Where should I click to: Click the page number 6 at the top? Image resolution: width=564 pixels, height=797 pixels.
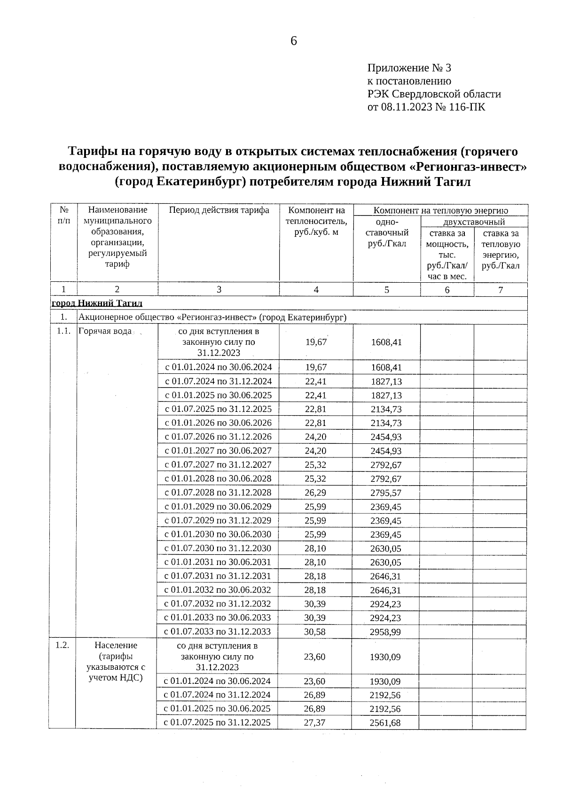(x=294, y=41)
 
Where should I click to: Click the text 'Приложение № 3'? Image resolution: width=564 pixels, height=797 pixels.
(x=409, y=69)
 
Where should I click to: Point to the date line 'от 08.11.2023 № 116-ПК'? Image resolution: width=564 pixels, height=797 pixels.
(x=426, y=107)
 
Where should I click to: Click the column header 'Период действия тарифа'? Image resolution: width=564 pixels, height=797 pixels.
(x=219, y=210)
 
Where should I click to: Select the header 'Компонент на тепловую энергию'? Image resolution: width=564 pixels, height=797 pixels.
(x=440, y=210)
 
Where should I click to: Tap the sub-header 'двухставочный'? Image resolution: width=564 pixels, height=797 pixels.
(x=474, y=222)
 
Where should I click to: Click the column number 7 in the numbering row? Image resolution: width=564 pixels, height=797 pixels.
(x=501, y=290)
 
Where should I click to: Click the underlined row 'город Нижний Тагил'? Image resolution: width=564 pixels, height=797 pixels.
(x=97, y=303)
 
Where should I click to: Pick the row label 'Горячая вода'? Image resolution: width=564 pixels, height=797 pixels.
(x=105, y=331)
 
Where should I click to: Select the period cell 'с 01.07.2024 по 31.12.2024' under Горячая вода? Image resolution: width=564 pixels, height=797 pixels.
(x=218, y=381)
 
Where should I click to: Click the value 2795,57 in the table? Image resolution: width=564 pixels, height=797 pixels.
(x=386, y=493)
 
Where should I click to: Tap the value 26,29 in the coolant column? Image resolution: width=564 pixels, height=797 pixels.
(x=315, y=493)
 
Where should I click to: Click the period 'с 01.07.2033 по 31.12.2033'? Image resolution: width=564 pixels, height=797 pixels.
(x=218, y=632)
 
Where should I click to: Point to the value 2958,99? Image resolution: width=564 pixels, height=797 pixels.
(x=385, y=632)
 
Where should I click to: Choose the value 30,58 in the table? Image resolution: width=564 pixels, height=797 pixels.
(x=315, y=632)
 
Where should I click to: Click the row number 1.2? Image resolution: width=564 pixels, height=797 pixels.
(x=63, y=645)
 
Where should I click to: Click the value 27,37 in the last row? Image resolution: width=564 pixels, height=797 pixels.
(x=314, y=722)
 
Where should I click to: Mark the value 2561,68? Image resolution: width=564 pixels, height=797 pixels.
(x=385, y=723)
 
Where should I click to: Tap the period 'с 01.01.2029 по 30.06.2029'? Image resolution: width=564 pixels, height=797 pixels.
(x=218, y=507)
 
